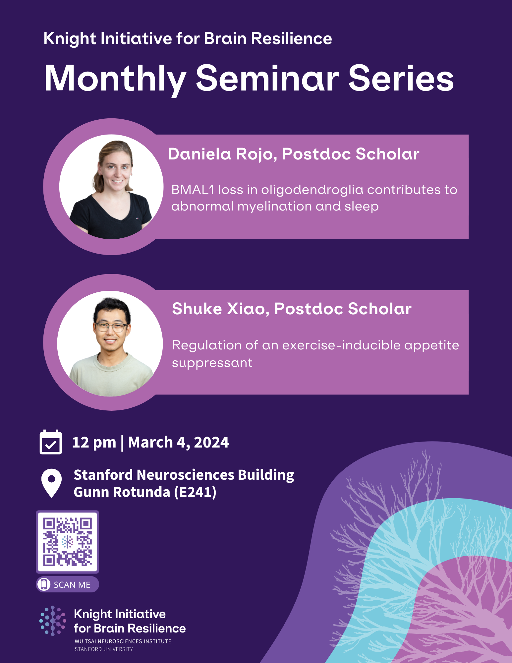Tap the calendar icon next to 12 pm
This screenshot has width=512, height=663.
pyautogui.click(x=51, y=442)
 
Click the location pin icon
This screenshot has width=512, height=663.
pyautogui.click(x=51, y=483)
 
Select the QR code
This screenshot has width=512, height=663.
pyautogui.click(x=67, y=542)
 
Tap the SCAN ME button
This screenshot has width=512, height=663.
pyautogui.click(x=68, y=584)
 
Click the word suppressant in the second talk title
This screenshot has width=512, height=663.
pyautogui.click(x=212, y=363)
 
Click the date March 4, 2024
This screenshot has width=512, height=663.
pyautogui.click(x=178, y=443)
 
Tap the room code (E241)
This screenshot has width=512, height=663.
pyautogui.click(x=196, y=492)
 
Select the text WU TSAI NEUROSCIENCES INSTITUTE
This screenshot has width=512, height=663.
pyautogui.click(x=123, y=641)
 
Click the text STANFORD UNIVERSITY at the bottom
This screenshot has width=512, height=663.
pyautogui.click(x=104, y=649)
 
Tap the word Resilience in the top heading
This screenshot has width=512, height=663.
pyautogui.click(x=291, y=39)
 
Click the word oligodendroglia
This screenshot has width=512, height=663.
pyautogui.click(x=312, y=190)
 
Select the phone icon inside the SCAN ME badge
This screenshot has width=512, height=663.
pyautogui.click(x=44, y=584)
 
